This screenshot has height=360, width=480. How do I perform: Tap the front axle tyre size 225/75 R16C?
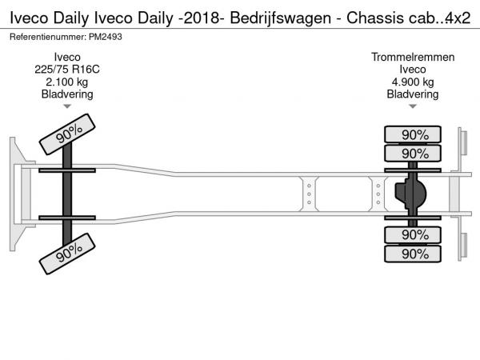[67, 69]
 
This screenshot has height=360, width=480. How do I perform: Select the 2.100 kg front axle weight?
[67, 82]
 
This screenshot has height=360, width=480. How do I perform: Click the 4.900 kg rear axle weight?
[413, 82]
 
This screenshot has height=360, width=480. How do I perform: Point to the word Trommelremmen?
[413, 57]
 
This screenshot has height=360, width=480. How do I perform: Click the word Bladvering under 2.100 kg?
[67, 94]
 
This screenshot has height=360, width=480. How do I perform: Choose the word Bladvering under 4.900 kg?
[413, 94]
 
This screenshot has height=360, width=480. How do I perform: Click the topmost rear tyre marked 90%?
[414, 134]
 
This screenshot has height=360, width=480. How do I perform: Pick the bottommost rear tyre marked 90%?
[414, 253]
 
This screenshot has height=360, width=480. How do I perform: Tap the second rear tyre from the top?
[414, 153]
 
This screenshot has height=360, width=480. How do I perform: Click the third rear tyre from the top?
[414, 234]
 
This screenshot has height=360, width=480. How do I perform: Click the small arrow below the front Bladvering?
[67, 106]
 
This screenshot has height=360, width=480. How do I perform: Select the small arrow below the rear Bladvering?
[413, 106]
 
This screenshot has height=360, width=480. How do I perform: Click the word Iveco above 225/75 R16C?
[67, 57]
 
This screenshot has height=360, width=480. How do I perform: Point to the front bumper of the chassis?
[14, 193]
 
